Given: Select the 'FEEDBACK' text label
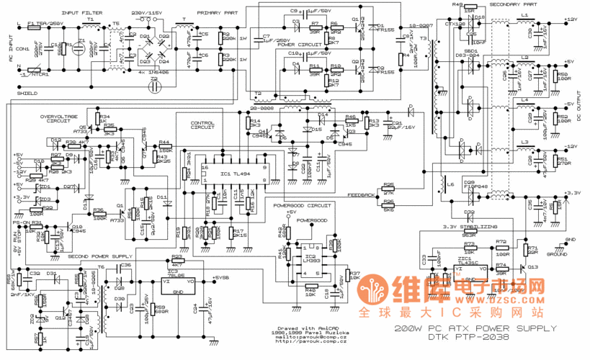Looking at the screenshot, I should click(360, 195).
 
